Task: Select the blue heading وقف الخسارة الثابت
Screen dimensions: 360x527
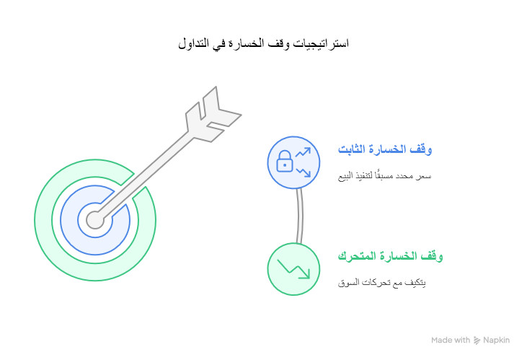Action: [x=385, y=150]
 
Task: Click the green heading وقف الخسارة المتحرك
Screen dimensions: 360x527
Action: [x=390, y=256]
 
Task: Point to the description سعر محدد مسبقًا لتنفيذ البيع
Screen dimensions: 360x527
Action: [x=385, y=176]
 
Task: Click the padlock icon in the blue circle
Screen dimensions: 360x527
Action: [x=285, y=160]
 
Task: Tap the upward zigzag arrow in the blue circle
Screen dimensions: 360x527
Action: [x=304, y=152]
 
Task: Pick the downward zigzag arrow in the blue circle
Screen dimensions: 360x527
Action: [x=304, y=170]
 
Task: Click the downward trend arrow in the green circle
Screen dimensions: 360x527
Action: [x=294, y=269]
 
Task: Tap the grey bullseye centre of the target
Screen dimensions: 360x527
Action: [x=95, y=219]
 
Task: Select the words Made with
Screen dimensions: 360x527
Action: [x=451, y=340]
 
